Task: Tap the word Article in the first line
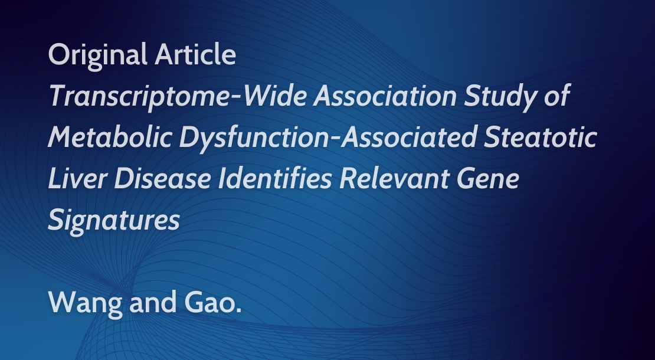pos(195,55)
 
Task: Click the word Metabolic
pos(110,138)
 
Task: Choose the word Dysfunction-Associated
pos(328,138)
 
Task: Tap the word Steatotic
pos(540,138)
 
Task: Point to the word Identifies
pos(275,178)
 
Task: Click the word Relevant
pos(394,178)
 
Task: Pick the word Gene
pos(488,178)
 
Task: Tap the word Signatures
pos(114,221)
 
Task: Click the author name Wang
pos(86,303)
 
